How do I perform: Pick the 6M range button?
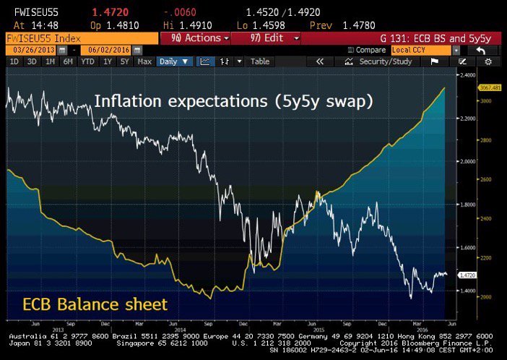[69, 62]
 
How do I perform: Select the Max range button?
[144, 62]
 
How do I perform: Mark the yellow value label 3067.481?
[493, 87]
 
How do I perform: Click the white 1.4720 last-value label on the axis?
[469, 275]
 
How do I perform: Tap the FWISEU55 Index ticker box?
[79, 37]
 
